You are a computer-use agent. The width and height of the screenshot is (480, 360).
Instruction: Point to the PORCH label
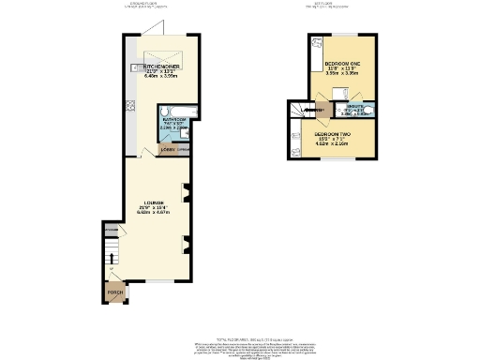pyautogui.click(x=114, y=293)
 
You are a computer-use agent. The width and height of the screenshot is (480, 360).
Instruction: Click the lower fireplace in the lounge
pyautogui.click(x=185, y=247)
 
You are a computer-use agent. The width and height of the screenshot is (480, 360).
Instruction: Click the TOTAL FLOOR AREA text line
pyautogui.click(x=241, y=337)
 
